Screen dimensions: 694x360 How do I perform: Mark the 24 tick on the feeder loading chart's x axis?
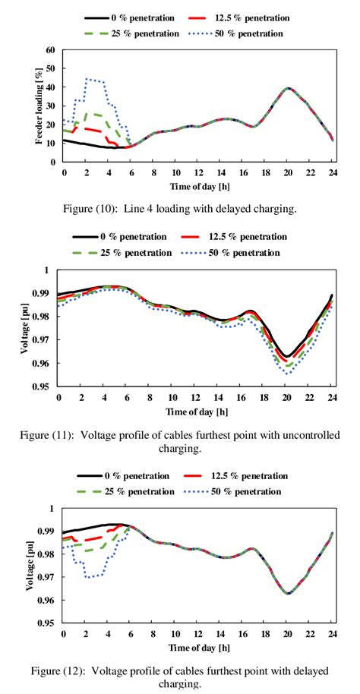[x=333, y=172]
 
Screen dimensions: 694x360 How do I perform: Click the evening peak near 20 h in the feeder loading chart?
[x=288, y=88]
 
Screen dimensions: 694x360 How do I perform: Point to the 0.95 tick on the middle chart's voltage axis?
[x=47, y=386]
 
